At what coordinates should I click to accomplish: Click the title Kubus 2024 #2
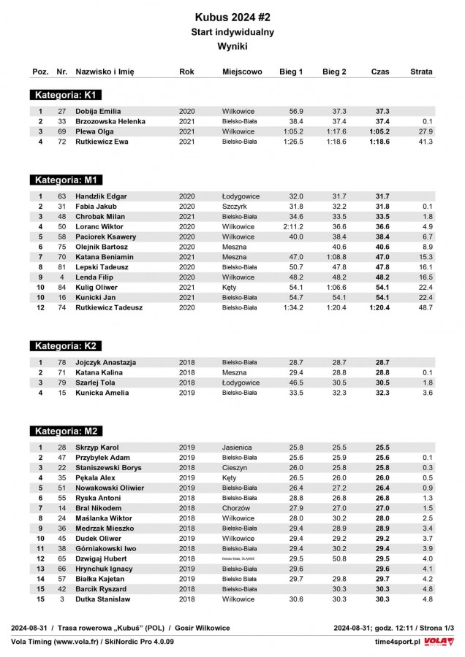232,16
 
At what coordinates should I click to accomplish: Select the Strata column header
421,72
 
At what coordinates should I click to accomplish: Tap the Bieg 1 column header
291,72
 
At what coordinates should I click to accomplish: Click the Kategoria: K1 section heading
67,95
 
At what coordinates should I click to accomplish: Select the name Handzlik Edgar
101,196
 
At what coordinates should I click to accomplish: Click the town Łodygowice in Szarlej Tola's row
241,383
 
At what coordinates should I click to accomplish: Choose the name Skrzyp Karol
97,447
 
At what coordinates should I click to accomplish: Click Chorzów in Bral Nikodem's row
236,507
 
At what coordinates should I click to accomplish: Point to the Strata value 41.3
426,142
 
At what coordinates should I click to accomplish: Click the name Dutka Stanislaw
102,599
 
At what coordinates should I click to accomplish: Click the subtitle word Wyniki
232,46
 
